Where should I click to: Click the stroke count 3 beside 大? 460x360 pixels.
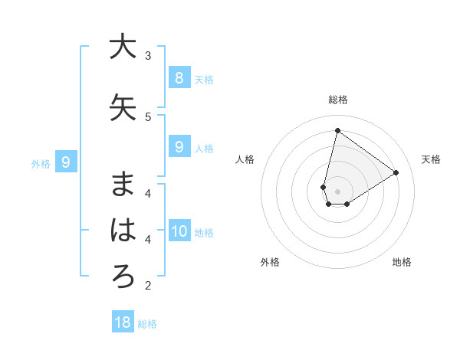click(x=148, y=55)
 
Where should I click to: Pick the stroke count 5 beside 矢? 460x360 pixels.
click(x=148, y=116)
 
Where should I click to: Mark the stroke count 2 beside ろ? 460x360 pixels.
click(x=148, y=286)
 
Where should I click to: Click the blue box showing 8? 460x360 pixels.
click(x=179, y=77)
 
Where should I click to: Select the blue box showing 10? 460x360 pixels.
click(x=179, y=231)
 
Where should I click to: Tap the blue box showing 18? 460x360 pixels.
click(x=123, y=322)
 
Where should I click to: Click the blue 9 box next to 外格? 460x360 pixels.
click(x=67, y=162)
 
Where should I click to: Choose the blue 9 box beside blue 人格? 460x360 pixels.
click(x=179, y=146)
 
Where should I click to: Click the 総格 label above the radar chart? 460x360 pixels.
click(x=338, y=100)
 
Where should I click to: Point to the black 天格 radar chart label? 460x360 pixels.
click(x=431, y=159)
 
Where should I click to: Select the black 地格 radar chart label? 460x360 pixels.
click(x=402, y=262)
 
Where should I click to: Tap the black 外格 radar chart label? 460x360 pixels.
click(x=270, y=262)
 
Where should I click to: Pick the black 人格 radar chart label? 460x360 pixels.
click(x=245, y=159)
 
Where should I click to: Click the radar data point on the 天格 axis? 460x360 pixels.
click(x=396, y=172)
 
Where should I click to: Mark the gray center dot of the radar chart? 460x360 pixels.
click(x=338, y=191)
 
